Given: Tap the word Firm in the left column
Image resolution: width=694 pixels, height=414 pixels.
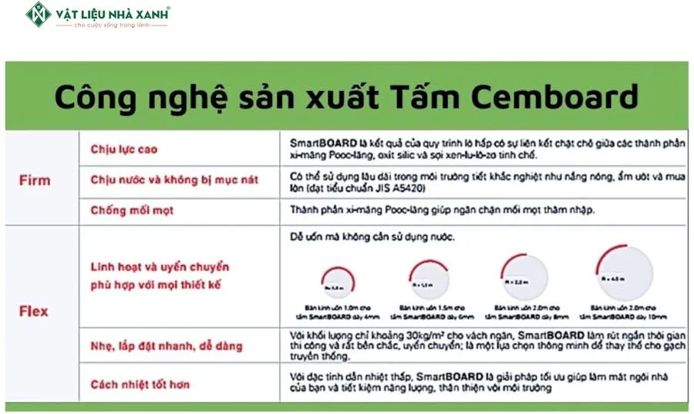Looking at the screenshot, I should [x=34, y=180].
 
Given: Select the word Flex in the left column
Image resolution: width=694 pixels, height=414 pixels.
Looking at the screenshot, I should [x=34, y=311].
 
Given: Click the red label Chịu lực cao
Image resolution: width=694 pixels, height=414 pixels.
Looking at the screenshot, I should [x=123, y=147].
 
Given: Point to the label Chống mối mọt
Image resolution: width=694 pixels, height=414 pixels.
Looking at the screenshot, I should [x=132, y=210].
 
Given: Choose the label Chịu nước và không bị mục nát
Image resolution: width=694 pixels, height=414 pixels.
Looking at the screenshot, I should [x=174, y=180].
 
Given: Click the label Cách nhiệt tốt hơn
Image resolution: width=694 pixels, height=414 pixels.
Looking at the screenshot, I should [x=140, y=384].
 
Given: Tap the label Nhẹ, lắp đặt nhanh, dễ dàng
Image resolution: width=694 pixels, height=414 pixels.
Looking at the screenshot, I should [x=166, y=346].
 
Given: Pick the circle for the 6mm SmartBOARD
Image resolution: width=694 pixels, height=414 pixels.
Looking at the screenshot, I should [x=428, y=282].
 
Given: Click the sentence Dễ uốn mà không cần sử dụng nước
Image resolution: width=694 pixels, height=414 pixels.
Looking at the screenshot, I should [x=372, y=237].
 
